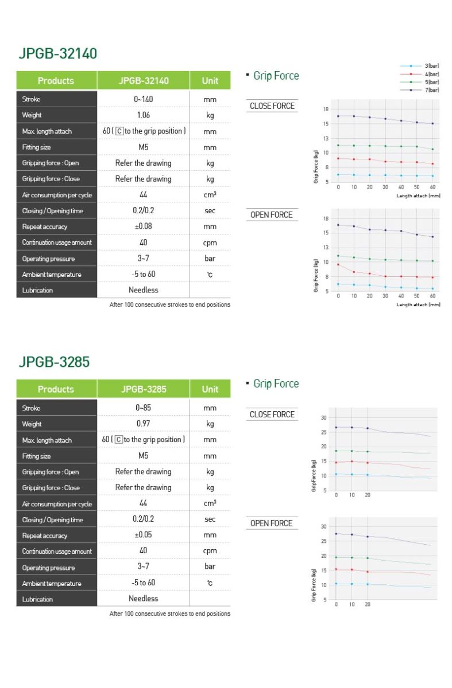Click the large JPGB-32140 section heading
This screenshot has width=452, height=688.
58,53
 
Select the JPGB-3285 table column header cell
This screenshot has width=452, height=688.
144,389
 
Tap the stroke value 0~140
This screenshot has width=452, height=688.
144,99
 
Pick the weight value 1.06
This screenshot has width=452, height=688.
144,115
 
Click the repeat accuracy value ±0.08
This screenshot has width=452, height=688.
144,226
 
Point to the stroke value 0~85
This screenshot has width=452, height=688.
144,408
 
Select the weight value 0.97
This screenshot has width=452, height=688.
144,424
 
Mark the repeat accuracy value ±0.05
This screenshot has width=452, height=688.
144,535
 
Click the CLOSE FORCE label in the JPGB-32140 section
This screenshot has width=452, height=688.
272,106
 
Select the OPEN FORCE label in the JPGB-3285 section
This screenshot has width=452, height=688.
272,523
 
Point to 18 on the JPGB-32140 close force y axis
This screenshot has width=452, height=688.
326,109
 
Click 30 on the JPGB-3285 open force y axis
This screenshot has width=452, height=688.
323,526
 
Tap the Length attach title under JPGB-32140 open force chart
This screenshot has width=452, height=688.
418,304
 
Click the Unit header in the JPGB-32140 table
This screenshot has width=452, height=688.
210,81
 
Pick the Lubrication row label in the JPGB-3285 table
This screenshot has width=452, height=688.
37,599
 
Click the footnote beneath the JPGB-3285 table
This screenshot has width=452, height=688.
169,613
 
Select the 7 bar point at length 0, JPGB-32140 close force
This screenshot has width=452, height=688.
338,116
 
